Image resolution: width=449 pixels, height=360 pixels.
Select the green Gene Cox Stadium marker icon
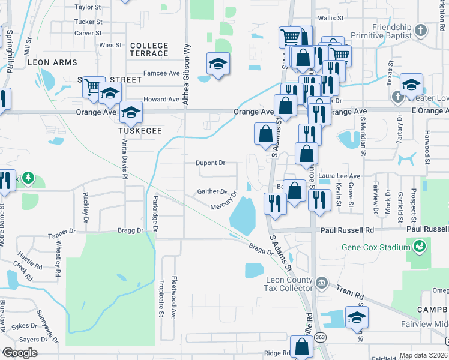(x=420, y=245)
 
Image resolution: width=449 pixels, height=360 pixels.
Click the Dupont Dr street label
(x=211, y=163)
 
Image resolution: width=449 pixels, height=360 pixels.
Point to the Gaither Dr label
(x=212, y=192)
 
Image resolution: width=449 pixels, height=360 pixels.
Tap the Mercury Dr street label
(x=224, y=202)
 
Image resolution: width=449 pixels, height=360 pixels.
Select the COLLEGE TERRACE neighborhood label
(x=149, y=49)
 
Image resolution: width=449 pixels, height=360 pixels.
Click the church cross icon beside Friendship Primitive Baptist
(x=421, y=29)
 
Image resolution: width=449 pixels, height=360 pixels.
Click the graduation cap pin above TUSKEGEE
(x=130, y=112)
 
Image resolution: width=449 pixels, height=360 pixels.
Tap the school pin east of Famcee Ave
(x=218, y=64)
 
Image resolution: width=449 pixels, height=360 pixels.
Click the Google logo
(x=20, y=353)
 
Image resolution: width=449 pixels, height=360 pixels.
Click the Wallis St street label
(x=331, y=19)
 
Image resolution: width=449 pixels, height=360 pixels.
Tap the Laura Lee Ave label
(x=339, y=176)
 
